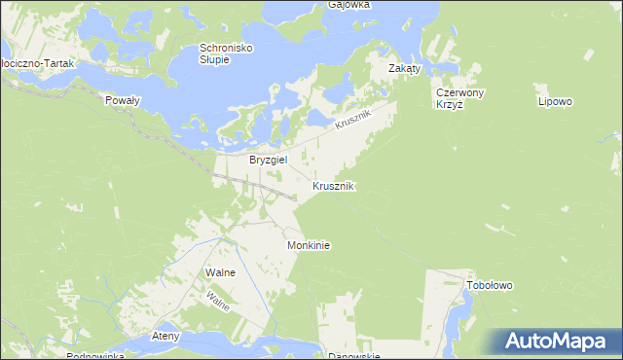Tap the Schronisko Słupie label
pyautogui.click(x=228, y=54)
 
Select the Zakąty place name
pyautogui.click(x=404, y=69)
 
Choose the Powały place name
pyautogui.click(x=123, y=100)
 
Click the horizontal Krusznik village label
pyautogui.click(x=333, y=185)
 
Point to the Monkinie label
pyautogui.click(x=309, y=246)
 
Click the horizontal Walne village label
pyautogui.click(x=221, y=272)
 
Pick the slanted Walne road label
pyautogui.click(x=218, y=301)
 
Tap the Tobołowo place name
pyautogui.click(x=490, y=286)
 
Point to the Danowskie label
pyautogui.click(x=351, y=356)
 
